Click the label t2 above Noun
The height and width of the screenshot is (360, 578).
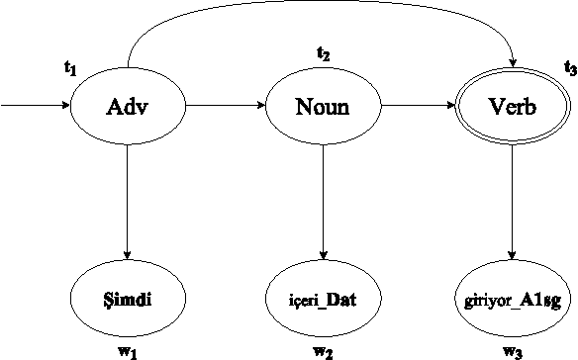[x=323, y=52]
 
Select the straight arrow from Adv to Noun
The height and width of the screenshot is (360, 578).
[x=225, y=104]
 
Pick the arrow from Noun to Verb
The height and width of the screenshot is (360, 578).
[x=417, y=104]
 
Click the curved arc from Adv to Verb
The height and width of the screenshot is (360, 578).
[x=317, y=8]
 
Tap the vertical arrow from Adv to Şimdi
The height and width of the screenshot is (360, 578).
[x=128, y=198]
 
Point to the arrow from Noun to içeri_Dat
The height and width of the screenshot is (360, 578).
[x=323, y=198]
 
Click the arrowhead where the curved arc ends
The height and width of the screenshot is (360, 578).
[x=512, y=61]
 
